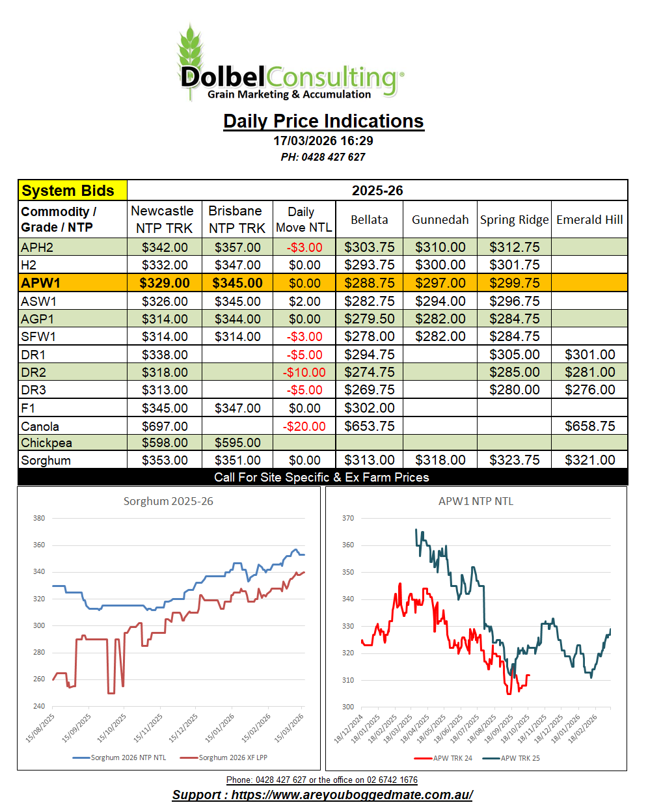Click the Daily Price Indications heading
(x=323, y=121)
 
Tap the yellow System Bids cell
(x=72, y=191)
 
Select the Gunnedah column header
(x=440, y=220)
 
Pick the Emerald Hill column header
(x=589, y=220)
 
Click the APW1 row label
(x=40, y=283)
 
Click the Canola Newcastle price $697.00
(x=165, y=426)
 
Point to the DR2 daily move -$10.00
(x=304, y=372)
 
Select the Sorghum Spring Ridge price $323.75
(x=514, y=460)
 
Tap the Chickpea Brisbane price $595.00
(x=237, y=443)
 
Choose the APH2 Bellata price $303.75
(x=369, y=247)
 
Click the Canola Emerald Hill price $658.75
(x=589, y=426)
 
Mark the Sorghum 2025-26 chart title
(x=168, y=501)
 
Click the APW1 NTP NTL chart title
(x=476, y=501)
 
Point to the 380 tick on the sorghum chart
(x=39, y=518)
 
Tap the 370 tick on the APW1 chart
(x=348, y=518)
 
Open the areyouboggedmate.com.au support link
(x=323, y=795)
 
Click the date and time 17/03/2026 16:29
(x=323, y=141)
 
